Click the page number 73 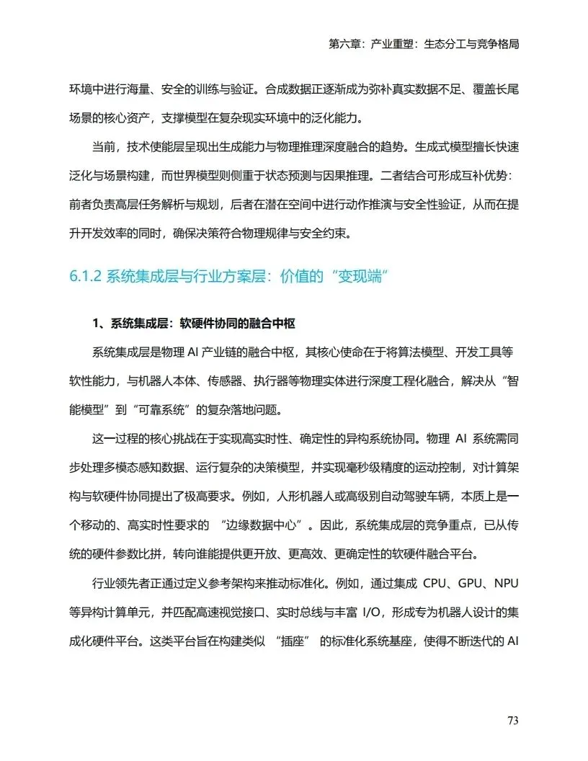512,721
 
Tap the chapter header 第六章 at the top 344,44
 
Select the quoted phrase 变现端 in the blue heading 358,277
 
